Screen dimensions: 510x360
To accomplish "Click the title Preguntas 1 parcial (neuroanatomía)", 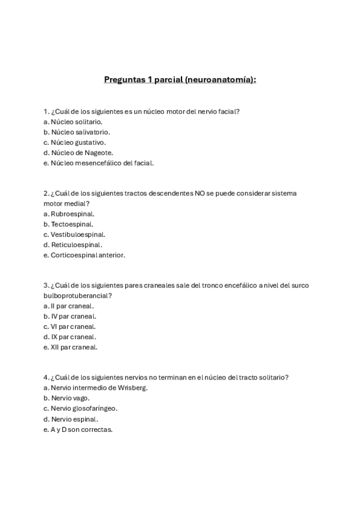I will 180,79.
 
